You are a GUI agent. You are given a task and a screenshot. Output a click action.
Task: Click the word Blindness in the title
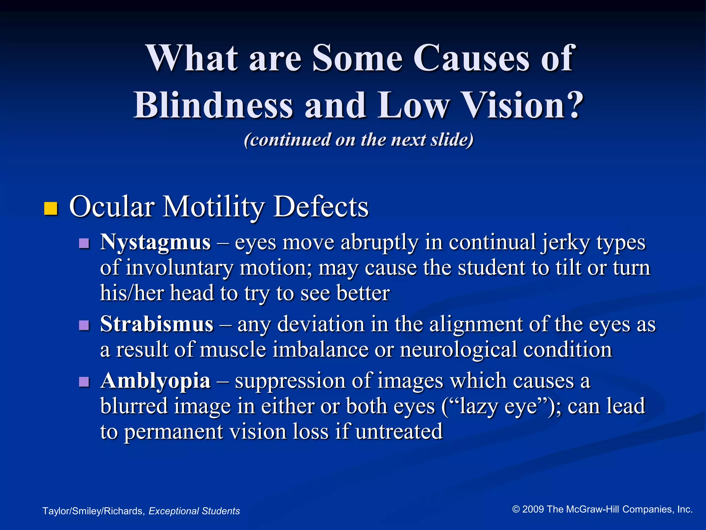click(213, 105)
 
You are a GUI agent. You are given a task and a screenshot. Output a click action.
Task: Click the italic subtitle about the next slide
click(359, 140)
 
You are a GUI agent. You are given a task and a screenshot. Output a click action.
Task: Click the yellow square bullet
click(51, 209)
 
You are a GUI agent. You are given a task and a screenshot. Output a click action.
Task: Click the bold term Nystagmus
click(155, 242)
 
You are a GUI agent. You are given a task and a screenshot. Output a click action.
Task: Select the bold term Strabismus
click(157, 324)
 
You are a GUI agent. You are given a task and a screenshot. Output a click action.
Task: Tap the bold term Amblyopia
click(155, 381)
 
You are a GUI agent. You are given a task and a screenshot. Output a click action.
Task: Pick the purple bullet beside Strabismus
click(84, 325)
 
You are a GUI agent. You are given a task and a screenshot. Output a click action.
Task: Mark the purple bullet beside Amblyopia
click(84, 382)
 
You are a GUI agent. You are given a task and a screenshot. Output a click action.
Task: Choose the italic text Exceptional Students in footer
click(194, 511)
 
